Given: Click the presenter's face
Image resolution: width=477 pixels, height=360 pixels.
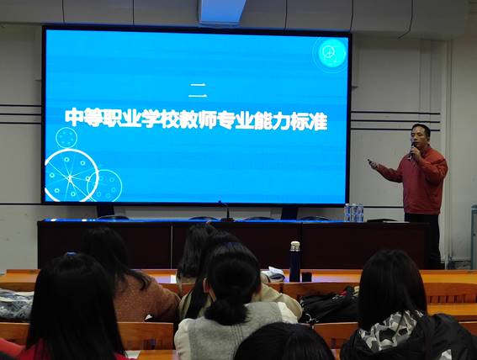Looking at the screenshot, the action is coord(421,137).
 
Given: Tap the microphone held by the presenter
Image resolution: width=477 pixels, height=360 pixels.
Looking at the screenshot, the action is coord(412,151).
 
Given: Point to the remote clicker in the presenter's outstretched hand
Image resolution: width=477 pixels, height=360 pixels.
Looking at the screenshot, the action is coord(372,163).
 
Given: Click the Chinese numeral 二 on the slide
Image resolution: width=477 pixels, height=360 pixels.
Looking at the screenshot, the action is coord(198,91).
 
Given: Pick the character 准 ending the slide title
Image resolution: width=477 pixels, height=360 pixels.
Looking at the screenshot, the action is coord(318,121).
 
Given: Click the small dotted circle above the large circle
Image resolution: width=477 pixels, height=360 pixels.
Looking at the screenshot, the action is coord(66,138).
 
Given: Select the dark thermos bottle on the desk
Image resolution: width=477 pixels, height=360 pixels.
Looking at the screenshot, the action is coord(294,262).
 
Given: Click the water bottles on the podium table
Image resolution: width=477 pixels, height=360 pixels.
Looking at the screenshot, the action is coord(353,212).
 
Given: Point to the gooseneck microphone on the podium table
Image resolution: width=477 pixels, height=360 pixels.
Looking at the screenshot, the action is coord(225,210).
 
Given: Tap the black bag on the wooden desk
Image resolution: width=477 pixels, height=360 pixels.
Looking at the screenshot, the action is coord(330,306).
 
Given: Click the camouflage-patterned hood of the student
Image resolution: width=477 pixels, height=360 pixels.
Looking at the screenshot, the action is coord(390,331).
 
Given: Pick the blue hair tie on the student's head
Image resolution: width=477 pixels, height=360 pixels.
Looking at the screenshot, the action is coord(71,253).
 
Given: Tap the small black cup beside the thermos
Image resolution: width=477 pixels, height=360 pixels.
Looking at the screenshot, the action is coord(306,277).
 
